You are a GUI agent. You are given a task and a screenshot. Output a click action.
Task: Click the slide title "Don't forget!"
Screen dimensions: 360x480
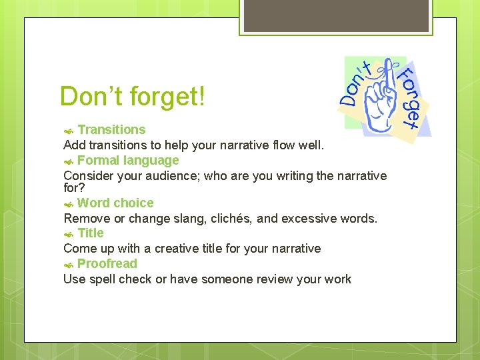133,97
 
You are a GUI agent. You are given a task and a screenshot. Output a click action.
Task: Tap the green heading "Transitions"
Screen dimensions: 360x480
111,129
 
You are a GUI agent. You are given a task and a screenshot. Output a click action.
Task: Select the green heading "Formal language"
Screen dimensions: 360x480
128,160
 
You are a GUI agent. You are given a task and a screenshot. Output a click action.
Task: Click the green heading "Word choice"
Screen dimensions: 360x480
115,203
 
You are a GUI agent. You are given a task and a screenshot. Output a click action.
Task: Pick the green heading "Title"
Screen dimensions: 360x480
91,233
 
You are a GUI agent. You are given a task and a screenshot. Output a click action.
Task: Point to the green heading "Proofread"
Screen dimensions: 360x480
107,263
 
